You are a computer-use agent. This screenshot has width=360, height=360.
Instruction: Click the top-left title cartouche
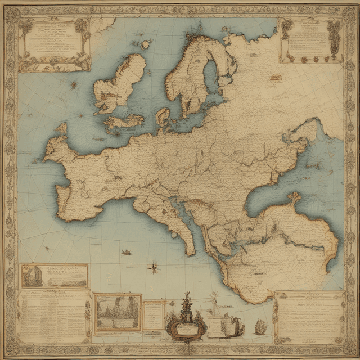(54, 44)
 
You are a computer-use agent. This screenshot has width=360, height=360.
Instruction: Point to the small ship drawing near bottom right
(260, 327)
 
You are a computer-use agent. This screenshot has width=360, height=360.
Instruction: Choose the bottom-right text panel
(310, 317)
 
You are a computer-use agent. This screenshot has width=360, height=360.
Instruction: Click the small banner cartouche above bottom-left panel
(55, 276)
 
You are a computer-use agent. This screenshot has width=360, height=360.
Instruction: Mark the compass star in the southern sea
(154, 267)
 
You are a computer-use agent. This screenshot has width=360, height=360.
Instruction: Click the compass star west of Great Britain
(74, 85)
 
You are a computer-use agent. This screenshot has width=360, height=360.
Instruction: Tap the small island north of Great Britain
(146, 43)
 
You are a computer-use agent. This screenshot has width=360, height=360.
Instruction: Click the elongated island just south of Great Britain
(125, 121)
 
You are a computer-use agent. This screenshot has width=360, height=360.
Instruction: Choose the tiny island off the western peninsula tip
(61, 128)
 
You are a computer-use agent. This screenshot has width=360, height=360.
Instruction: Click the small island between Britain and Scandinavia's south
(163, 116)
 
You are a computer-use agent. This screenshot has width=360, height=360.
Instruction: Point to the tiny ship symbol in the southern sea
(126, 253)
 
